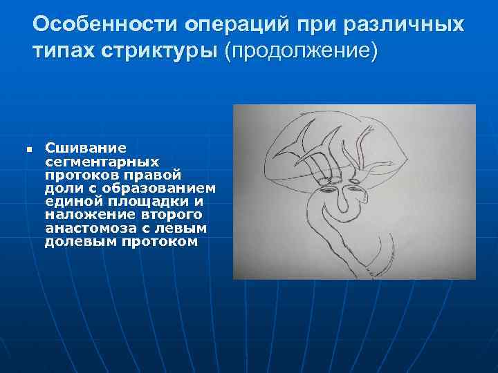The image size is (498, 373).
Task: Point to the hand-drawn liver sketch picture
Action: click(354, 191)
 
